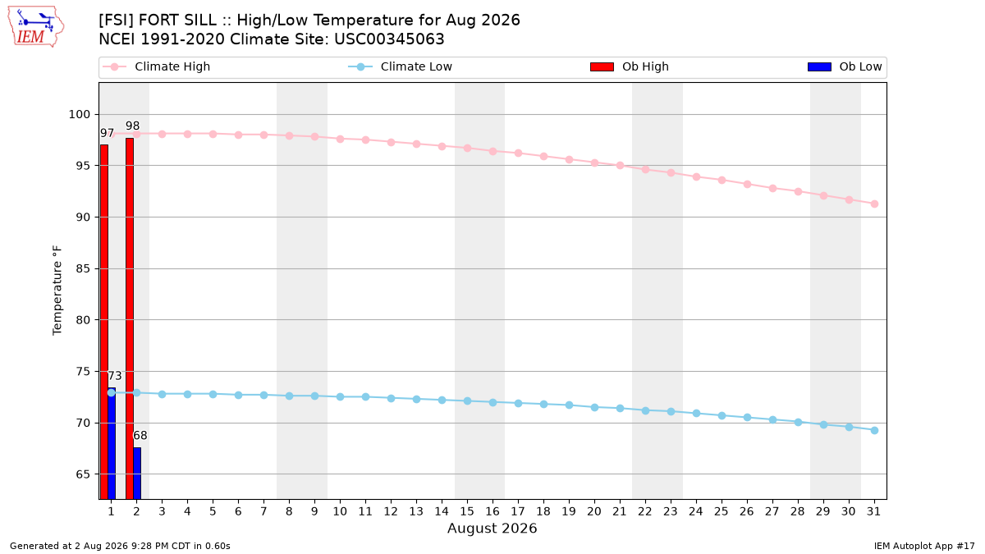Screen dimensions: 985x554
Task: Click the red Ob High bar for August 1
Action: pyautogui.click(x=104, y=322)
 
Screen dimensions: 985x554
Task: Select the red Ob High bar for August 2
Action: pyautogui.click(x=130, y=318)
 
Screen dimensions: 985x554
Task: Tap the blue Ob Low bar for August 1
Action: pyautogui.click(x=112, y=444)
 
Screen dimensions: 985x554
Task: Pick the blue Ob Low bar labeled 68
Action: pyautogui.click(x=137, y=474)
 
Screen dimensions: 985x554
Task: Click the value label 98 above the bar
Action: pyautogui.click(x=132, y=126)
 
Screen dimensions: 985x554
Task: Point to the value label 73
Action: pyautogui.click(x=115, y=376)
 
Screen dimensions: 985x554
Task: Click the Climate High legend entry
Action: pyautogui.click(x=157, y=66)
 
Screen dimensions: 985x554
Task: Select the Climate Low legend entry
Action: pyautogui.click(x=401, y=66)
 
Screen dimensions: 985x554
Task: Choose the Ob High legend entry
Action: pyautogui.click(x=630, y=66)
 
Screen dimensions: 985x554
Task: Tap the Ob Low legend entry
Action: pyautogui.click(x=845, y=66)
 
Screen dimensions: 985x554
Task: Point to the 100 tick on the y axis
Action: pyautogui.click(x=79, y=114)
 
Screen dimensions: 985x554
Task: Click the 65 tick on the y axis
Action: pyautogui.click(x=83, y=474)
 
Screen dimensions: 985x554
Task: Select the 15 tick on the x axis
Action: pyautogui.click(x=467, y=511)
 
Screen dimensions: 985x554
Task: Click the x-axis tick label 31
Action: pyautogui.click(x=873, y=511)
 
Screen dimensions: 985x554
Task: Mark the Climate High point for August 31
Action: pyautogui.click(x=874, y=204)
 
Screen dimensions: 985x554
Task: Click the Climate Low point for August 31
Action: pyautogui.click(x=874, y=430)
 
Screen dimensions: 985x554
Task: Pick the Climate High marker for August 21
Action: pyautogui.click(x=620, y=165)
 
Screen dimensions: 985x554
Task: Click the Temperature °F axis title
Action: pyautogui.click(x=57, y=291)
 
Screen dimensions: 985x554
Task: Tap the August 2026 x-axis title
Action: pyautogui.click(x=492, y=528)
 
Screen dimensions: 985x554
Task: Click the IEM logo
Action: pyautogui.click(x=35, y=27)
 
